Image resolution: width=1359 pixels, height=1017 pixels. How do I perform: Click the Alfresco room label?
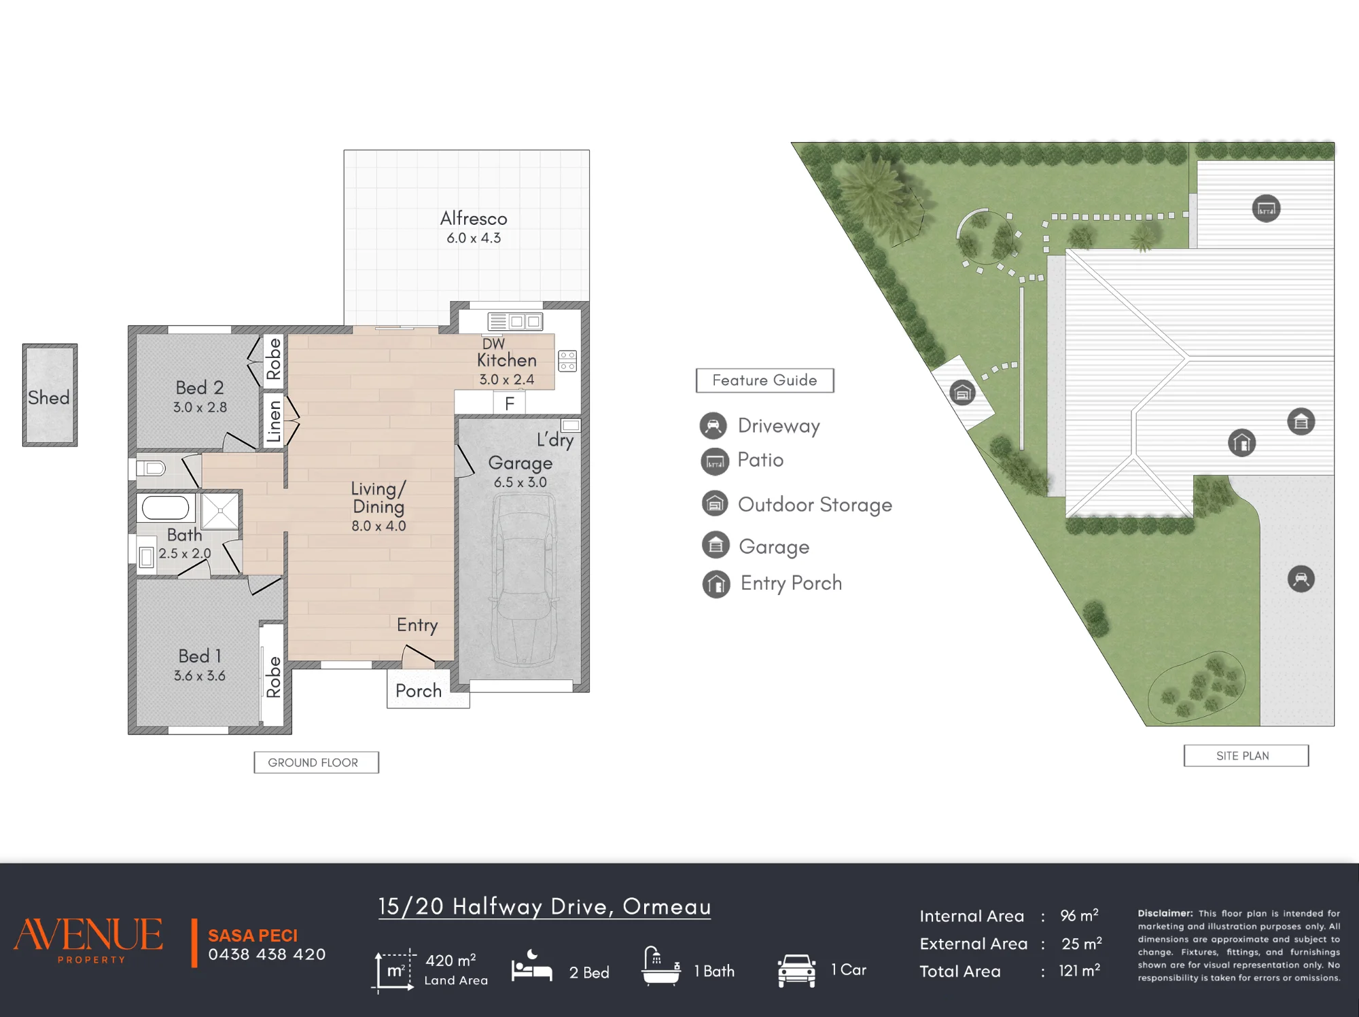474,218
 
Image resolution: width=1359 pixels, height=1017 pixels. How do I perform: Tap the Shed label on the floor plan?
49,397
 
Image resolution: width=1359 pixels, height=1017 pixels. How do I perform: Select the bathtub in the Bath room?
165,507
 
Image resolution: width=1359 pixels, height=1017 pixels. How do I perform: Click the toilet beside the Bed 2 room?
150,468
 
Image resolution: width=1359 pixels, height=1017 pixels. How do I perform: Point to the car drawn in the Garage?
523,580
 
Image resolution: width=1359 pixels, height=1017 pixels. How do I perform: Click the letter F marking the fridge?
510,404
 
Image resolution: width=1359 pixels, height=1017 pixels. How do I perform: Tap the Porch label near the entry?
419,691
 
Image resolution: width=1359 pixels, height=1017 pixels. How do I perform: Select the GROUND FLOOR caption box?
316,762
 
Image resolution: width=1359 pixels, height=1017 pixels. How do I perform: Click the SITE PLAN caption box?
1246,755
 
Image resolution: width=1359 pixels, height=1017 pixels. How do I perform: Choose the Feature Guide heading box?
764,380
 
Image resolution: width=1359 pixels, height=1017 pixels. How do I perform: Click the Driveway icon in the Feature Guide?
713,426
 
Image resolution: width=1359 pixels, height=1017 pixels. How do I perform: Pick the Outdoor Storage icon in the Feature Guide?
715,504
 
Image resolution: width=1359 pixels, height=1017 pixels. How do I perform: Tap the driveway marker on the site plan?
1301,579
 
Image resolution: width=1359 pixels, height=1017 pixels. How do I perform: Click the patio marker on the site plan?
1266,208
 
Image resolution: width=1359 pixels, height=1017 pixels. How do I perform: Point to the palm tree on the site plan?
873,194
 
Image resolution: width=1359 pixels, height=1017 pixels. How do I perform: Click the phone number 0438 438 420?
266,954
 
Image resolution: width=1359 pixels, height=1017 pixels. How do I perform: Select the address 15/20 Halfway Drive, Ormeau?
544,906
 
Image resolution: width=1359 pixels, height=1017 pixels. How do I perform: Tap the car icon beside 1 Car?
796,971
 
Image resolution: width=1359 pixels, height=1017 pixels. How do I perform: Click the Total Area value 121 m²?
1079,971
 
